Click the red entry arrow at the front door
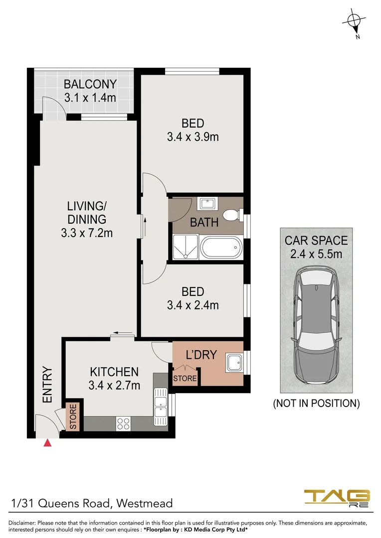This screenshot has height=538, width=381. pyautogui.click(x=47, y=443)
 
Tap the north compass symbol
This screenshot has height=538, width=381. pyautogui.click(x=354, y=21)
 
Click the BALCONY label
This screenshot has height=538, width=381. pyautogui.click(x=90, y=84)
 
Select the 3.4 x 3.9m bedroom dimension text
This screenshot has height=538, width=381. pyautogui.click(x=192, y=136)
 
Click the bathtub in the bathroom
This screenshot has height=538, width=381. pyautogui.click(x=220, y=247)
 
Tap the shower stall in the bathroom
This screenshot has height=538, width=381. pyautogui.click(x=185, y=247)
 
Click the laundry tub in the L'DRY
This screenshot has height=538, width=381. pyautogui.click(x=233, y=363)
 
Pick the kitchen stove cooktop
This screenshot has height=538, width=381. pyautogui.click(x=123, y=423)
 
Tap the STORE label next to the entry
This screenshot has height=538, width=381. pyautogui.click(x=73, y=417)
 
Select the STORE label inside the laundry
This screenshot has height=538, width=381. pyautogui.click(x=185, y=379)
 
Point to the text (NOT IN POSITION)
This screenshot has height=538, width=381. pyautogui.click(x=316, y=403)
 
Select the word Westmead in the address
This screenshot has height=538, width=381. pyautogui.click(x=145, y=503)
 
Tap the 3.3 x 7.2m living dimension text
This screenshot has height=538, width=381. pyautogui.click(x=87, y=232)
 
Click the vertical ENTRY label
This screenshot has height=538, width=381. pyautogui.click(x=47, y=385)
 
